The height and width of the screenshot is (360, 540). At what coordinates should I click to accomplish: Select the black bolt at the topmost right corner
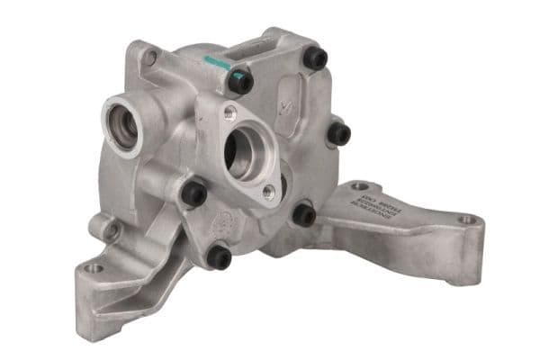314,58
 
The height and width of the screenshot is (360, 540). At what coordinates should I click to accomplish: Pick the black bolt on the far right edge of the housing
338,134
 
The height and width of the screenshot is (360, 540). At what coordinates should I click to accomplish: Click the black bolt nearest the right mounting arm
304,215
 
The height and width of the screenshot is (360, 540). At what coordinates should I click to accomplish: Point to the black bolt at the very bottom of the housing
220,257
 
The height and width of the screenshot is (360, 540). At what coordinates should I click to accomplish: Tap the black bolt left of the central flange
193,192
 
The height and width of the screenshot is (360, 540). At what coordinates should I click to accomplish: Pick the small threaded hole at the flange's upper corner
230,112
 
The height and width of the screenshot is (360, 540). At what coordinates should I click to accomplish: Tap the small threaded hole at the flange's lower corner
268,191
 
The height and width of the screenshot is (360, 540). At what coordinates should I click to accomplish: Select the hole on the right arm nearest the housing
359,186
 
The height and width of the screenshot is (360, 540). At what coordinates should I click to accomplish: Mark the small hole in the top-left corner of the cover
151,57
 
